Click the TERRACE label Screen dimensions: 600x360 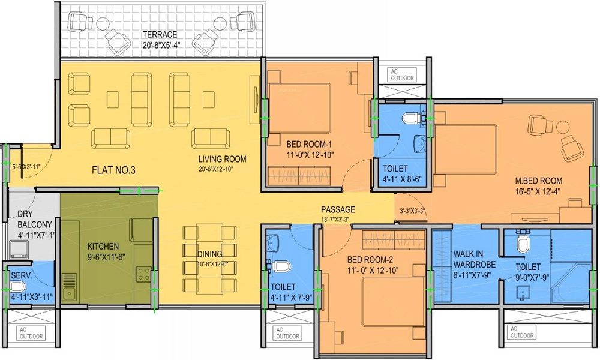pyautogui.click(x=160, y=34)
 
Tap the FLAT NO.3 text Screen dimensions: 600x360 pyautogui.click(x=113, y=170)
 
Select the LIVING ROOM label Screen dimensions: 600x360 pyautogui.click(x=223, y=159)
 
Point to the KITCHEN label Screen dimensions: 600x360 pyautogui.click(x=103, y=247)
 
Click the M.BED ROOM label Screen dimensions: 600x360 pyautogui.click(x=538, y=181)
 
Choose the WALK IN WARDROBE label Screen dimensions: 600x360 pyautogui.click(x=474, y=259)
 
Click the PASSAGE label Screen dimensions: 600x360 pyautogui.click(x=338, y=209)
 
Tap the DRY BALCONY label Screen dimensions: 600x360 pyautogui.click(x=34, y=220)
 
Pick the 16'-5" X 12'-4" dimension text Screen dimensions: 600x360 pyautogui.click(x=538, y=191)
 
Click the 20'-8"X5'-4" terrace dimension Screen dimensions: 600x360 pyautogui.click(x=161, y=45)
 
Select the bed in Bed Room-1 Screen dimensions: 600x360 pyautogui.click(x=299, y=109)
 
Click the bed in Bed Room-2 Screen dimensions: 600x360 pyautogui.click(x=393, y=302)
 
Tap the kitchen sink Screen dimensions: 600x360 pyautogui.click(x=70, y=286)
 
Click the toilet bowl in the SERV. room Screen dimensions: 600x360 pyautogui.click(x=17, y=286)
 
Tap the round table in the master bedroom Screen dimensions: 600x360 pyautogui.click(x=563, y=127)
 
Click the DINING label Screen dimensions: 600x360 pyautogui.click(x=209, y=254)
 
